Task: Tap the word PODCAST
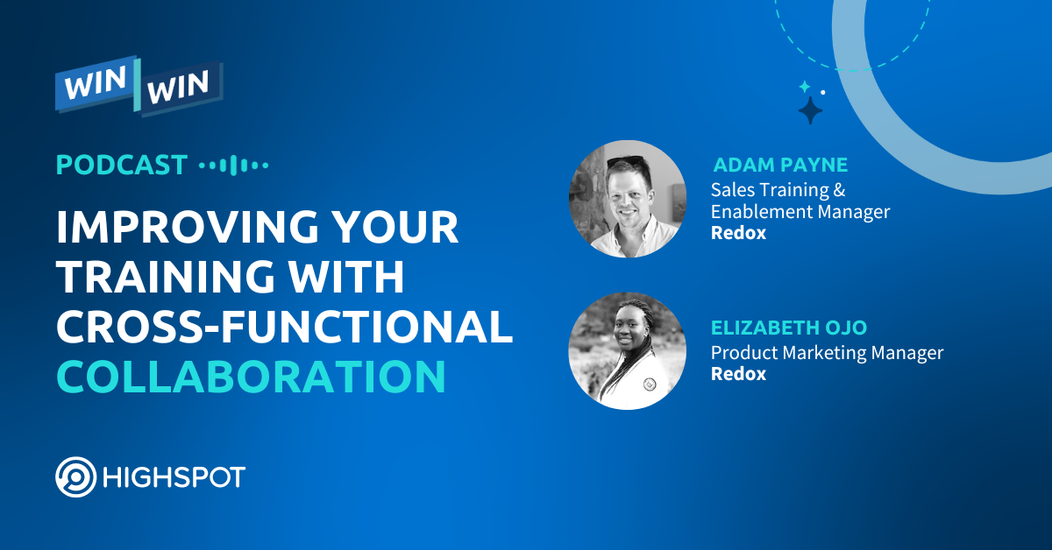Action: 122,165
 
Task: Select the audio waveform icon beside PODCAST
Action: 233,165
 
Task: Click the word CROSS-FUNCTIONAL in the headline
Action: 284,327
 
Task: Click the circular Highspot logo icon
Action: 76,477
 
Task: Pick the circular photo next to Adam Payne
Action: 627,198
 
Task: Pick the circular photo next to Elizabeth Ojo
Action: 627,350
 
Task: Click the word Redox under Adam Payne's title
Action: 738,234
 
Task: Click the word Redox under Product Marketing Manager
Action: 738,374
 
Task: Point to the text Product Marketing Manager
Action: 827,353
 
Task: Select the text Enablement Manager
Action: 800,211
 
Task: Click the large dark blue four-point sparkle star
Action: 811,110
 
